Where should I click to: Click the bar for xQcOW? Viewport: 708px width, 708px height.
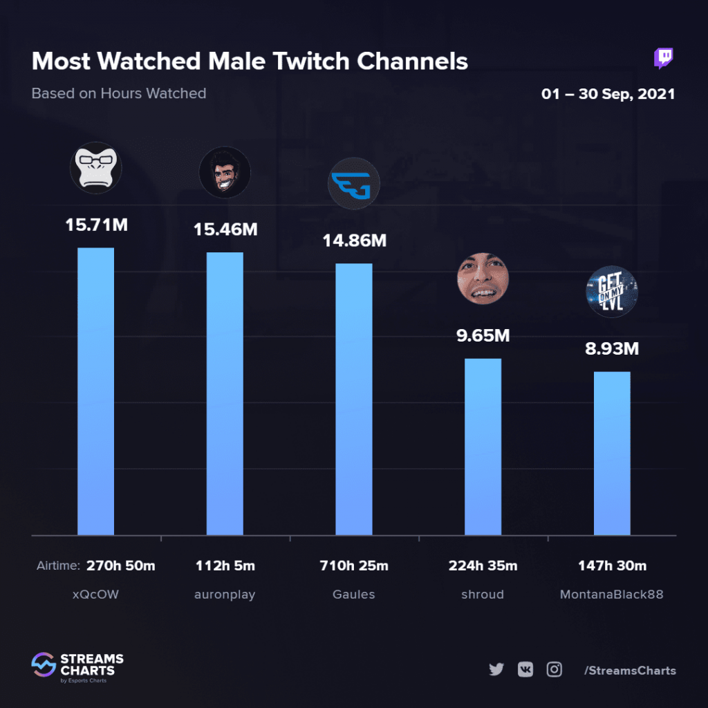tap(95, 391)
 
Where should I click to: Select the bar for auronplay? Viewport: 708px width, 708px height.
tap(225, 393)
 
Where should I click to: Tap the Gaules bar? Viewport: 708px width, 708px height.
tap(354, 399)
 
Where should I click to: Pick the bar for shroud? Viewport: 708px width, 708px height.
tap(483, 446)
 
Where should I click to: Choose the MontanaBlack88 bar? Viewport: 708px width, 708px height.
tap(612, 453)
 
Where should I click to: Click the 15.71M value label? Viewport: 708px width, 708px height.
tap(96, 225)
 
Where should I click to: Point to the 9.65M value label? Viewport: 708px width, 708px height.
tap(483, 336)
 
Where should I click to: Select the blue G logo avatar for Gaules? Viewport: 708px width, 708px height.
tap(353, 184)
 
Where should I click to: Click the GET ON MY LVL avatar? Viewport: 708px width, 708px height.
tap(611, 291)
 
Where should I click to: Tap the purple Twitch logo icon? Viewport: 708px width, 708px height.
tap(664, 59)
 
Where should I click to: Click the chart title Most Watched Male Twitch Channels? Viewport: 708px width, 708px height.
tap(250, 62)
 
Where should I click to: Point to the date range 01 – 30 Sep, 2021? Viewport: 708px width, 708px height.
tap(608, 94)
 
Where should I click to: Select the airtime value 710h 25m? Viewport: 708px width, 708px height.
tap(354, 566)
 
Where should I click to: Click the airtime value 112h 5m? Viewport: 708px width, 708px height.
tap(225, 566)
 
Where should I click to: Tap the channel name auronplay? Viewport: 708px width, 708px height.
tap(225, 594)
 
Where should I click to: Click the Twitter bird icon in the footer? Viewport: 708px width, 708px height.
tap(496, 669)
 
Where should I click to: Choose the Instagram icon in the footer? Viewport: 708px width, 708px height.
tap(554, 669)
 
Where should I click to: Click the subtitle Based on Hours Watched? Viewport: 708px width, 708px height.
tap(119, 93)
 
